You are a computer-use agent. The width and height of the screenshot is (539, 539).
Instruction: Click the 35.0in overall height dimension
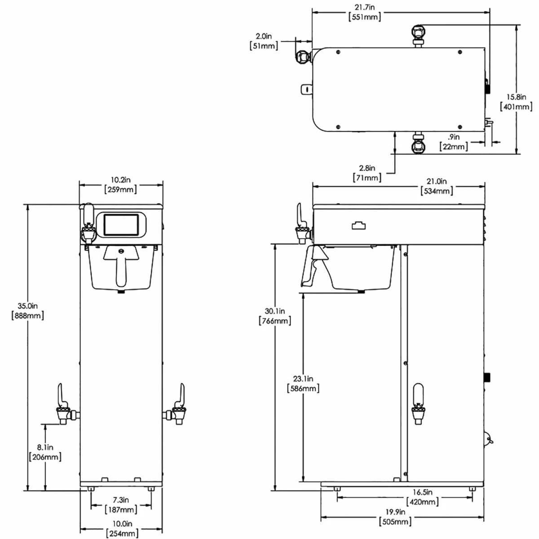27,310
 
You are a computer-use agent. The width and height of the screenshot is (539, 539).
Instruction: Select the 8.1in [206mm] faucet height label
45,452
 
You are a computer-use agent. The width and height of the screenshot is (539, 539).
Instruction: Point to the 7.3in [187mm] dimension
120,504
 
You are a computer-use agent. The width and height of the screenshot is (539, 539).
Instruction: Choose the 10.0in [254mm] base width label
122,529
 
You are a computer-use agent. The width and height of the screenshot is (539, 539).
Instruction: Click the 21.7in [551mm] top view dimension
364,12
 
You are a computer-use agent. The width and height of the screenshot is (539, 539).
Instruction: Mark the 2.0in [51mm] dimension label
264,40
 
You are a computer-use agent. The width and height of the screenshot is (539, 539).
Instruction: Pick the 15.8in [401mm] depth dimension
516,102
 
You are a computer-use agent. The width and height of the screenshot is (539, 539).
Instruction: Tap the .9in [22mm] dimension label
454,141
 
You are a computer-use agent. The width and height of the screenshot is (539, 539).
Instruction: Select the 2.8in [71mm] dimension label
367,173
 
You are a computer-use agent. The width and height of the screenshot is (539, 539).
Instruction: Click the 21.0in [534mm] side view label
437,186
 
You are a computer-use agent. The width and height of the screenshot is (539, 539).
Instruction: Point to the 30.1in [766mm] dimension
274,316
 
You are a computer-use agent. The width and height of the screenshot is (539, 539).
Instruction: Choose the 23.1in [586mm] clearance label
303,384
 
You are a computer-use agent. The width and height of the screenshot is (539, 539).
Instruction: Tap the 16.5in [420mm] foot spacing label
422,497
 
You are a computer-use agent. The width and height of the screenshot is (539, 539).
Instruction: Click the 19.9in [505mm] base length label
395,517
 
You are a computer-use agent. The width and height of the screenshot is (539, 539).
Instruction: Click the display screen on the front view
121,225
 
